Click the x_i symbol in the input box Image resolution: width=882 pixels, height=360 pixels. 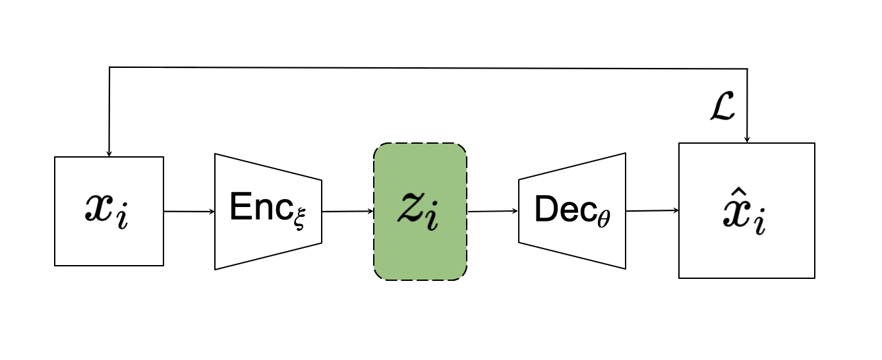(107, 212)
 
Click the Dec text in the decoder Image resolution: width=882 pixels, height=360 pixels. (560, 209)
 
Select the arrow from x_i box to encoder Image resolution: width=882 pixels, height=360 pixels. (189, 212)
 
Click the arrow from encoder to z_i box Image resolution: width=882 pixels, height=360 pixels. (347, 212)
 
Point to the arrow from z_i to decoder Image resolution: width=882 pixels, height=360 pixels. (492, 212)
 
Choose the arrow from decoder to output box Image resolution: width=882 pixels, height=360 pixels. (652, 211)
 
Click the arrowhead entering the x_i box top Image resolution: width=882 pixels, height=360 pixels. (109, 153)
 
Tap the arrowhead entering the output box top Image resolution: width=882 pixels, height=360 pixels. (747, 139)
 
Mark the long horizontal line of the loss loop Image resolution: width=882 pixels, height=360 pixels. (428, 67)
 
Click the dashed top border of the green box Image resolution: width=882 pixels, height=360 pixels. (420, 143)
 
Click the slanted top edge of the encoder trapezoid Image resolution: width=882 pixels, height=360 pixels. (268, 167)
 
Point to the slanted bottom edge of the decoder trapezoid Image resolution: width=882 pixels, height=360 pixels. (572, 255)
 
